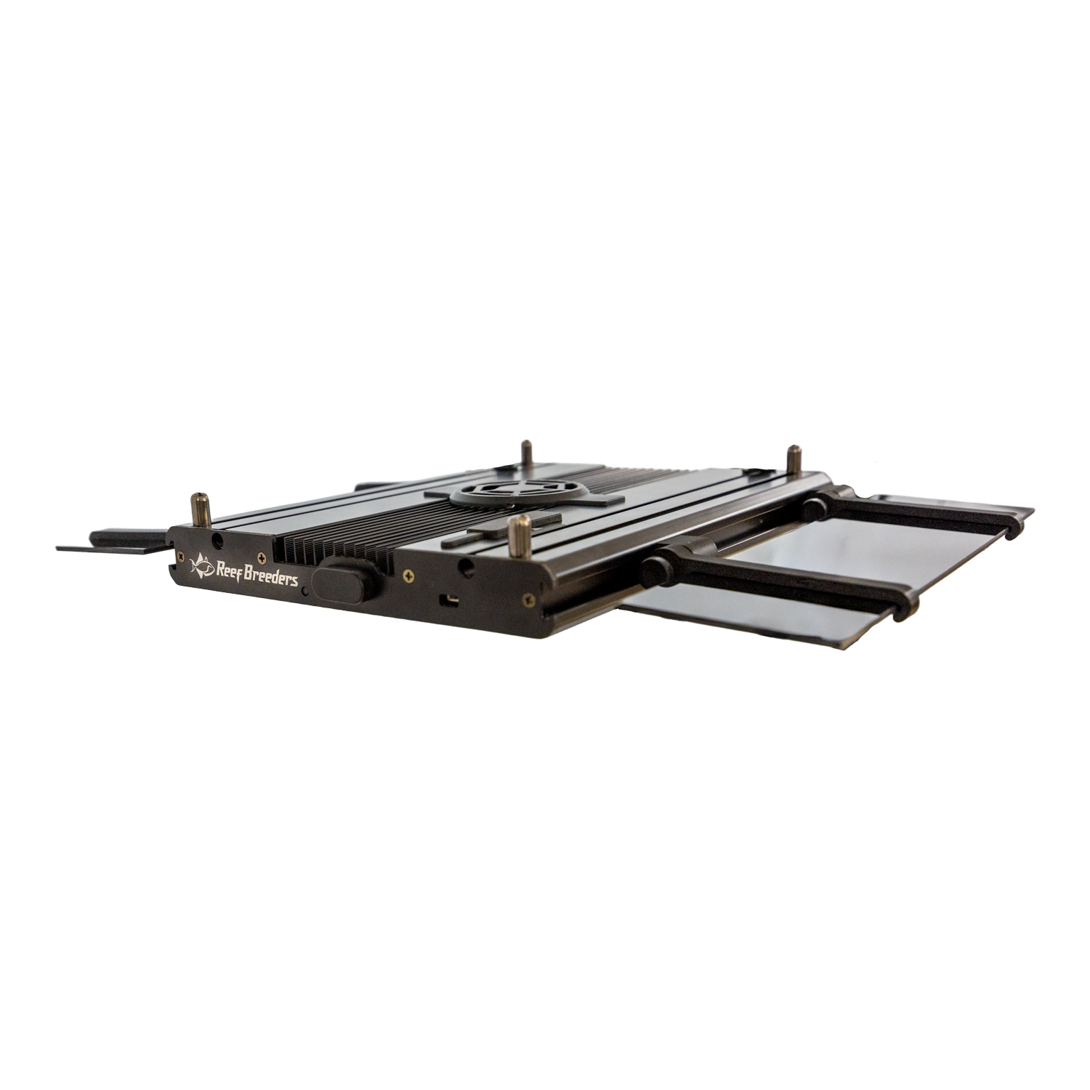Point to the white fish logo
click(x=201, y=564)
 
